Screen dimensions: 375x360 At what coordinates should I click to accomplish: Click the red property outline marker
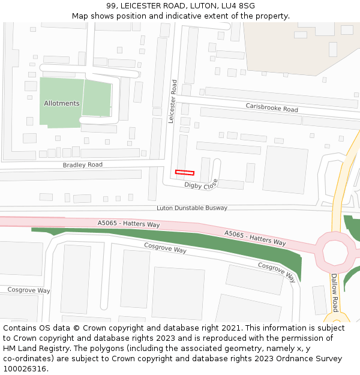click(x=184, y=173)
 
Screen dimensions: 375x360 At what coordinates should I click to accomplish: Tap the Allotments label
click(x=61, y=103)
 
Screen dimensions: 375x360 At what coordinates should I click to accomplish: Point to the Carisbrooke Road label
click(x=272, y=108)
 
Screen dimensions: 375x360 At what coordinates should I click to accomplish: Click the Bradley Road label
click(x=83, y=164)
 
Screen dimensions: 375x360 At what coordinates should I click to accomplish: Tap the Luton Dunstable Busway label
click(x=192, y=208)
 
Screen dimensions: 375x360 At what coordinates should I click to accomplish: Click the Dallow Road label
click(x=335, y=292)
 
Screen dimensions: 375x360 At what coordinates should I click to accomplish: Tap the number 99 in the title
click(x=112, y=6)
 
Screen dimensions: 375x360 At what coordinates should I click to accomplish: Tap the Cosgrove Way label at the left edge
click(x=29, y=290)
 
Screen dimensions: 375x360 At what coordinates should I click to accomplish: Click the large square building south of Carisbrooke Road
click(x=285, y=170)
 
